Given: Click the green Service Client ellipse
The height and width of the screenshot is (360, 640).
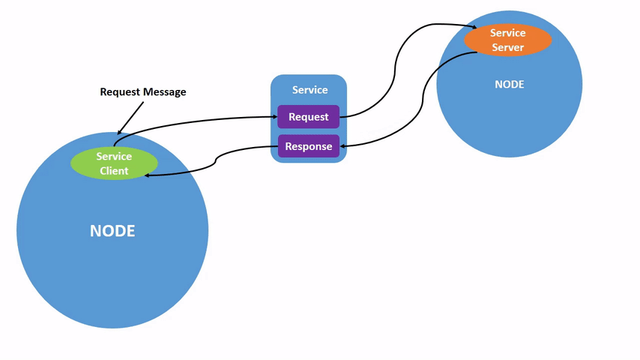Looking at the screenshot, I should (114, 163).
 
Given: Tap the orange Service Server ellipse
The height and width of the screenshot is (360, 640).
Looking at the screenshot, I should (507, 40).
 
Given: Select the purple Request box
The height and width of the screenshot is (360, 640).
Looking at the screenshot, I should (308, 117).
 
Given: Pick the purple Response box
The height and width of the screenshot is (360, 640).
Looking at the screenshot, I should (308, 146).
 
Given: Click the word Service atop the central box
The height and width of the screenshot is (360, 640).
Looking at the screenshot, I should (310, 90).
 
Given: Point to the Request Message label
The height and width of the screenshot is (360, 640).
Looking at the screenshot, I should (143, 92).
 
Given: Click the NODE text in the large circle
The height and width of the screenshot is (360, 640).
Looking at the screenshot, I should (112, 231).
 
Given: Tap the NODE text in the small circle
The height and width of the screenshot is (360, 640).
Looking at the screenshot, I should (509, 85).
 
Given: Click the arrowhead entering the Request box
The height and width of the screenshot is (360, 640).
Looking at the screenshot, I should (274, 116).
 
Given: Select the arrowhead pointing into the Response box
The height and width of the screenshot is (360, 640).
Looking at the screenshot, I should (344, 146).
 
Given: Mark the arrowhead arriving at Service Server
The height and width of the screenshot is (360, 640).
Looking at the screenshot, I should (474, 29).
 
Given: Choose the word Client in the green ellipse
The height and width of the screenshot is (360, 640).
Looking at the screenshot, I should (114, 171).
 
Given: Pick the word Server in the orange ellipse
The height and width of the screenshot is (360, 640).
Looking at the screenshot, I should (507, 47).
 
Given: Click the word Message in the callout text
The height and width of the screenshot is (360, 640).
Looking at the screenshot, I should (165, 92).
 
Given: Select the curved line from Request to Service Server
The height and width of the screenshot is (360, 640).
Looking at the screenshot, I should (395, 71).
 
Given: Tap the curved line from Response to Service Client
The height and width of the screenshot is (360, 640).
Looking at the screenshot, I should (217, 159).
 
